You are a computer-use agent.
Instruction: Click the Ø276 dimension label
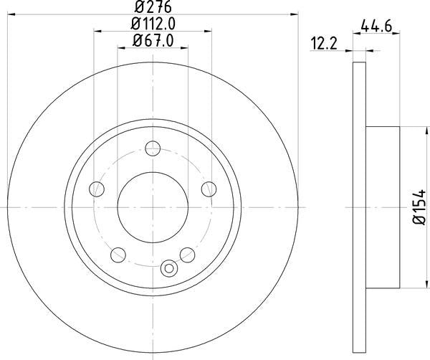coord(153,6)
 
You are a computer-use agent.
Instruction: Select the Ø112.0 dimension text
coord(153,24)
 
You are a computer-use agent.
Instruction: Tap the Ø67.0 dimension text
coord(153,41)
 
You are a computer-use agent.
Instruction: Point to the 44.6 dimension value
coord(376,26)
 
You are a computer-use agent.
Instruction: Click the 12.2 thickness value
coord(324,44)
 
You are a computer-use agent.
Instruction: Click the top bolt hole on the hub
coord(153,148)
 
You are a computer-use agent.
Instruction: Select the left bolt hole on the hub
coord(97,189)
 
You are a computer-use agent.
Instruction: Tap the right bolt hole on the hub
coord(209,189)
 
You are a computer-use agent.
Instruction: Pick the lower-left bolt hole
coord(118,255)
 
